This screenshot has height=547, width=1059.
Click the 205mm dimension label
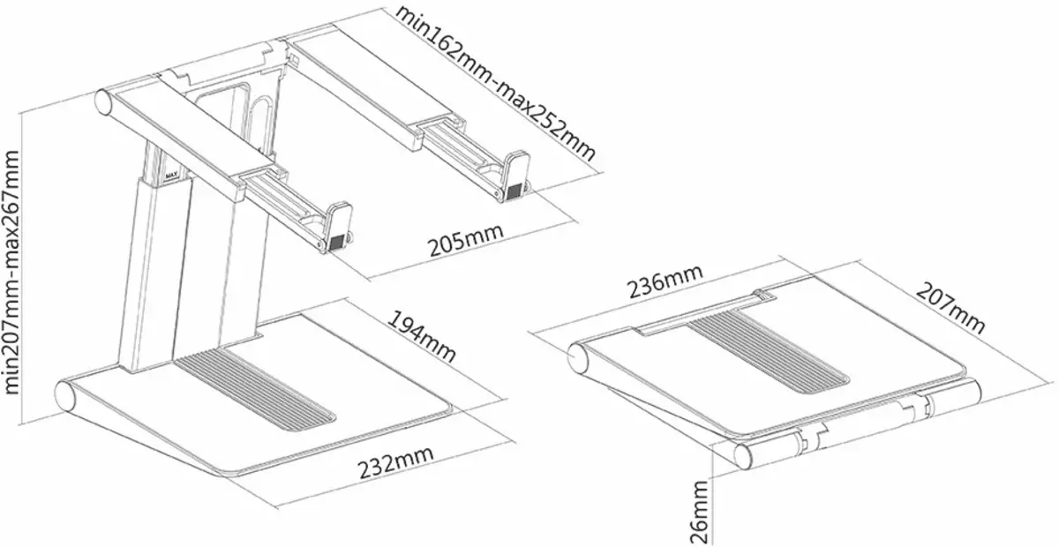pyautogui.click(x=466, y=240)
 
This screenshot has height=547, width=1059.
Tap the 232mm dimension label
pyautogui.click(x=395, y=462)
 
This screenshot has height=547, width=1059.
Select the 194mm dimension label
pyautogui.click(x=422, y=336)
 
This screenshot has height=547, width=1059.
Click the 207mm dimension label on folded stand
pyautogui.click(x=951, y=308)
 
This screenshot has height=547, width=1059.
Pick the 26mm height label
pyautogui.click(x=699, y=512)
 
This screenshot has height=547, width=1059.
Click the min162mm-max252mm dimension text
pyautogui.click(x=495, y=84)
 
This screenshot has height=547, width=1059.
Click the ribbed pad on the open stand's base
pyautogui.click(x=255, y=386)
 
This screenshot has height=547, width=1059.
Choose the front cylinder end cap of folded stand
pyautogui.click(x=745, y=456)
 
